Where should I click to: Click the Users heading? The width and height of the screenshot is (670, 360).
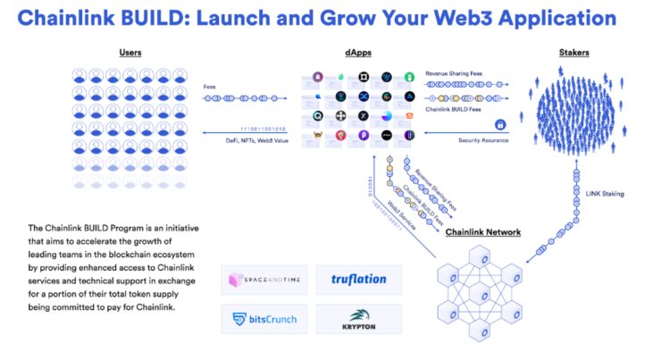click(130, 54)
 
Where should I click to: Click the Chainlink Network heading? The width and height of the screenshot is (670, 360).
click(484, 232)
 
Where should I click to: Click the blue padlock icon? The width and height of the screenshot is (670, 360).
click(500, 124)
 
